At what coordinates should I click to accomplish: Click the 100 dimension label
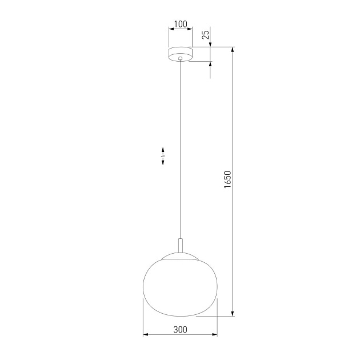click(x=180, y=25)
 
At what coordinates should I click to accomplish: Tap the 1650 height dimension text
click(x=227, y=180)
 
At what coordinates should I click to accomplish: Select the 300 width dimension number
click(x=179, y=329)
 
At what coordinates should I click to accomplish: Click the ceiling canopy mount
click(x=181, y=53)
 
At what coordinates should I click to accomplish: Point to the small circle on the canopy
click(x=181, y=58)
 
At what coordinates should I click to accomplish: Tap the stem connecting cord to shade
click(x=181, y=246)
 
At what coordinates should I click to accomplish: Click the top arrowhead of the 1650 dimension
click(x=233, y=50)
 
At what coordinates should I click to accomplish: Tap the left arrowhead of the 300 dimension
click(x=145, y=335)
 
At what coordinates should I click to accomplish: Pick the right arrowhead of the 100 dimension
click(x=190, y=30)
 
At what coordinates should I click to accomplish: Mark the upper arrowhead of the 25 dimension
click(x=210, y=43)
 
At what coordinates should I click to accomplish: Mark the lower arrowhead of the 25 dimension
click(x=210, y=64)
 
